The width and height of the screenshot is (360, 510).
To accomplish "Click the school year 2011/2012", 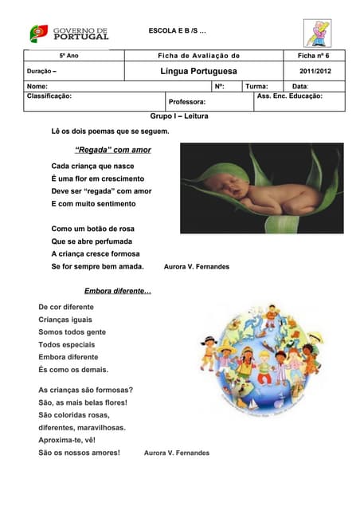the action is (x=315, y=72).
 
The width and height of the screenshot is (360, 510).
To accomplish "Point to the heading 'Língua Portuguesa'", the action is (x=198, y=72).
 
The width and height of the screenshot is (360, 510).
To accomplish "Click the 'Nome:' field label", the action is (x=37, y=86).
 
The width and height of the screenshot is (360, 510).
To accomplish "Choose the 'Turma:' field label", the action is (x=256, y=86).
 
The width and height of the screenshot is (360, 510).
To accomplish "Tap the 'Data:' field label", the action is (x=300, y=86).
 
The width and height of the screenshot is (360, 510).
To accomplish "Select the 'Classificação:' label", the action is (x=49, y=96).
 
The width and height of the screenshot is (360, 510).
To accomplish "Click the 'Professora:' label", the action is (x=188, y=102).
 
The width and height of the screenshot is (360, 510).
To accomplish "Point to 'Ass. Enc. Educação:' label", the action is (x=289, y=96).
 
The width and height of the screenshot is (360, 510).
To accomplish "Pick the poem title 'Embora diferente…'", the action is (x=117, y=291).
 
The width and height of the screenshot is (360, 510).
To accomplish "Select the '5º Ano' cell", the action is (x=68, y=57).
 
